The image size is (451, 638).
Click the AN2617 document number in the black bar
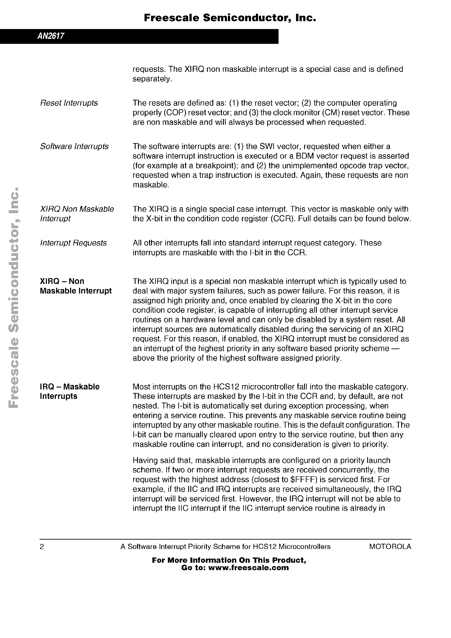[x=51, y=36]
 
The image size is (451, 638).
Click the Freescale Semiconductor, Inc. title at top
[x=230, y=18]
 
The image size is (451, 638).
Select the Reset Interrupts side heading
[x=69, y=103]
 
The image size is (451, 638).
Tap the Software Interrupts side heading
[x=74, y=146]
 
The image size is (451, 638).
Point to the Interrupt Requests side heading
[x=73, y=243]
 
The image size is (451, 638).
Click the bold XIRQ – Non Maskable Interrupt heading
[x=76, y=286]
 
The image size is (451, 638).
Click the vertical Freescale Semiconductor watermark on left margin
[x=13, y=297]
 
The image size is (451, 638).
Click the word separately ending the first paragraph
[x=152, y=79]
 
